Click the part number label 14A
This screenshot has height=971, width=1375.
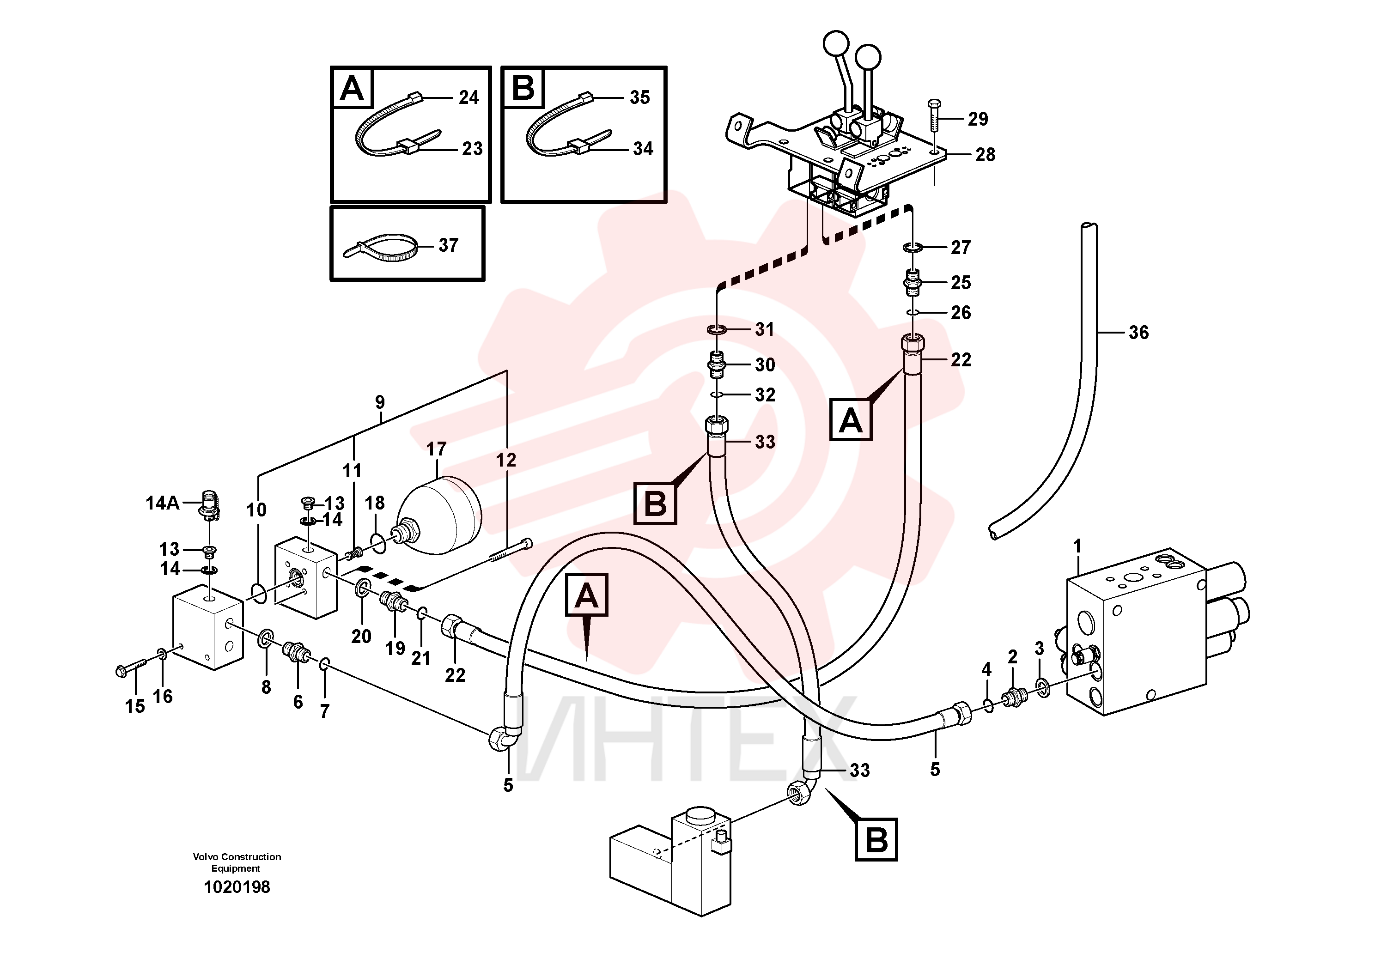click(162, 503)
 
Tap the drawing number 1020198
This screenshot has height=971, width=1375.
click(237, 886)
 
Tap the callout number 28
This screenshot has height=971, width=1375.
click(985, 154)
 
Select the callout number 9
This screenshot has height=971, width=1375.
click(380, 402)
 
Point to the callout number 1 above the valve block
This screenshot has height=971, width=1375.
click(1077, 546)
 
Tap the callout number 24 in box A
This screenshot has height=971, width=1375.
click(469, 97)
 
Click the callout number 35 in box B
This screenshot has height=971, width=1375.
click(639, 97)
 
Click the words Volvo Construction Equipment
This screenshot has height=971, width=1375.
click(237, 862)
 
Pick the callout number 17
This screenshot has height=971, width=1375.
click(436, 449)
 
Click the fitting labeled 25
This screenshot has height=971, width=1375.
click(912, 283)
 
